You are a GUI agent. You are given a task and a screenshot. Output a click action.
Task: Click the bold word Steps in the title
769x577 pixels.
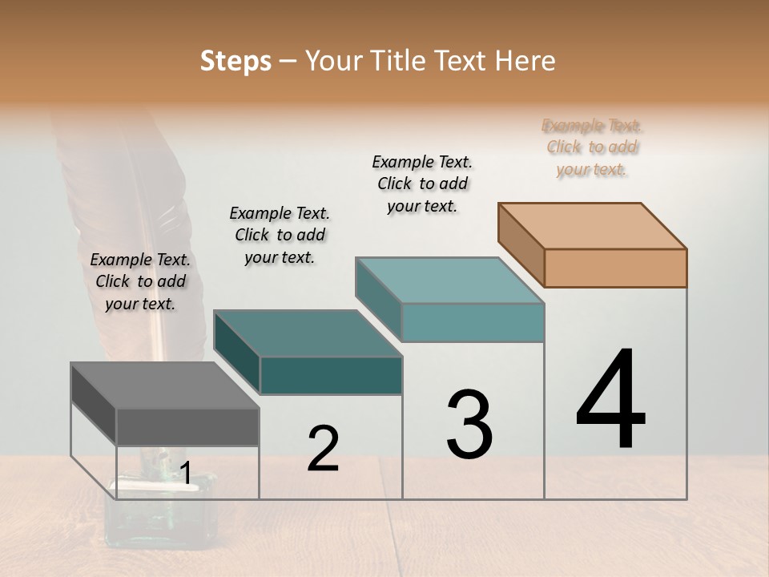coord(236,61)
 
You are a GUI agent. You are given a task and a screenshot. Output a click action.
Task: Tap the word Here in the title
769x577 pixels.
coord(525,61)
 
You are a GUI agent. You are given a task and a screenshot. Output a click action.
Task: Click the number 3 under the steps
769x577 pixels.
coord(469,424)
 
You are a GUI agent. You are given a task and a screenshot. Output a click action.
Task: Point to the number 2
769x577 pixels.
coord(323,449)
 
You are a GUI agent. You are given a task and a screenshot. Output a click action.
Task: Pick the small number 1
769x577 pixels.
coord(185,474)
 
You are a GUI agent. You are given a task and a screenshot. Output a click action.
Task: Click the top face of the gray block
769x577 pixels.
coord(164,385)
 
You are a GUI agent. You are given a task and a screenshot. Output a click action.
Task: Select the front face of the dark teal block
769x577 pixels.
coord(331,375)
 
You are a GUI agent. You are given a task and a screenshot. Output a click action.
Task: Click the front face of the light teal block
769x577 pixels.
coord(473,322)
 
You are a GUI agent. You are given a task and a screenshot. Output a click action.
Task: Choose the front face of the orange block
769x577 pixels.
coord(615,268)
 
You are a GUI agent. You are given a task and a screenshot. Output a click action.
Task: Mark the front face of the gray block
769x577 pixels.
coord(187,426)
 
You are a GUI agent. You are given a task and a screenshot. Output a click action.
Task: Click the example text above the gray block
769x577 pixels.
coord(140,281)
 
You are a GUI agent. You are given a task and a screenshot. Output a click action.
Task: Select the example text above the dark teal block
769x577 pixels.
coord(280,235)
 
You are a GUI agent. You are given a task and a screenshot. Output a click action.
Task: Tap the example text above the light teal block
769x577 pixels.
coord(422,184)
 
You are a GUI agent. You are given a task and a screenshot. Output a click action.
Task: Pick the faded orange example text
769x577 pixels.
coord(592,147)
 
